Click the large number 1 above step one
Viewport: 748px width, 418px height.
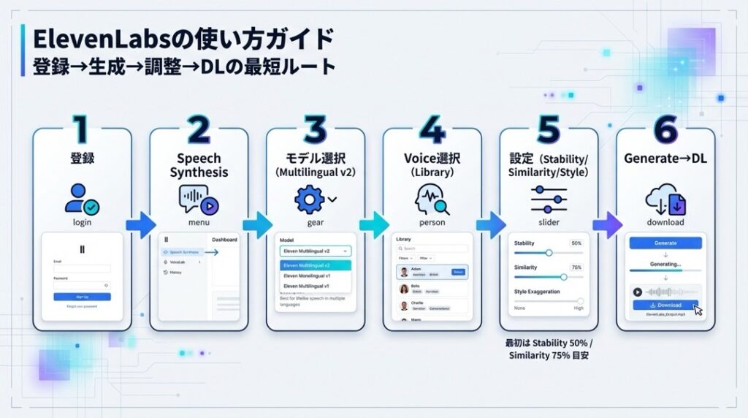81,129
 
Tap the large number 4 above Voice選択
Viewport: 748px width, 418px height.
432,129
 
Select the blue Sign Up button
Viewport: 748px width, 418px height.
82,297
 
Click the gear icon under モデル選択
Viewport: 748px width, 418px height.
309,198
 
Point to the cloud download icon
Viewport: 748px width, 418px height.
664,199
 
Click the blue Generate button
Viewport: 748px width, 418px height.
665,243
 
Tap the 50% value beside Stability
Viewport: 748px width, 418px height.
576,243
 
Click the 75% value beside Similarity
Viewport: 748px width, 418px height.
576,267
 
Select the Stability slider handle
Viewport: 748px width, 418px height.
549,253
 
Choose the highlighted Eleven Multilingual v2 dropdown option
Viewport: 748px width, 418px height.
316,265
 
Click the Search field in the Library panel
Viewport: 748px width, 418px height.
432,248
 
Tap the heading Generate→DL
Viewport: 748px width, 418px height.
665,159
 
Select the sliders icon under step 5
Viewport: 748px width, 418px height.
549,199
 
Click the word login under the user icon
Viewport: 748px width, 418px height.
82,222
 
